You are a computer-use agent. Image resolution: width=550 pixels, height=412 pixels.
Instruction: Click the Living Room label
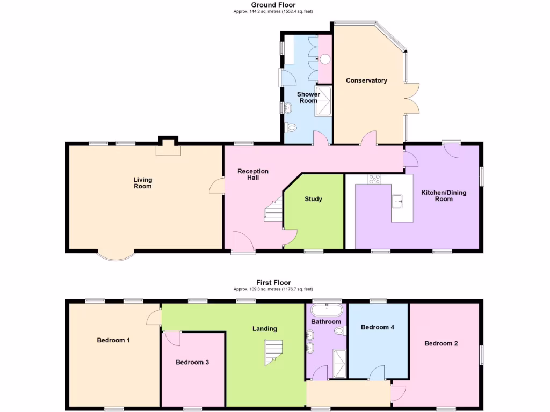coord(143,183)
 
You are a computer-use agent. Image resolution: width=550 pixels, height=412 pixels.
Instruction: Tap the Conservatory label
coord(366,80)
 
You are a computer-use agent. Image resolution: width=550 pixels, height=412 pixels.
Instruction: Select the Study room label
coord(313,199)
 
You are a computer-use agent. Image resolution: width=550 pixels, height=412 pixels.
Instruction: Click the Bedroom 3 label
coord(192,362)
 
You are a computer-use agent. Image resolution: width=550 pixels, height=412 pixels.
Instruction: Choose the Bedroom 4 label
coord(378,327)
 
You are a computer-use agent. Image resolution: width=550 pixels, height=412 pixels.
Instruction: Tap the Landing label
coord(265,328)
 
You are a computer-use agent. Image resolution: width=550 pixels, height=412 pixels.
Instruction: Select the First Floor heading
coord(273,282)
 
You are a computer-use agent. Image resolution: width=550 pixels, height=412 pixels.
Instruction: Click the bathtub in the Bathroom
coord(327,310)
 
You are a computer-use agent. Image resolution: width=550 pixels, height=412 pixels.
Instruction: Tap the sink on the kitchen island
coord(399,201)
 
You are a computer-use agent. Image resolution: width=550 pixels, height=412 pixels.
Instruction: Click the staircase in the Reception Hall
coord(274,209)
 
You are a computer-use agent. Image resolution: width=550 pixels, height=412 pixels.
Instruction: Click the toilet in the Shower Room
coord(291,128)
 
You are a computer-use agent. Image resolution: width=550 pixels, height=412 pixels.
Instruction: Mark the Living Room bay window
coord(116,256)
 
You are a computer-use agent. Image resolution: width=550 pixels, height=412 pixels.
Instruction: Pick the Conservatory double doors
coord(411,98)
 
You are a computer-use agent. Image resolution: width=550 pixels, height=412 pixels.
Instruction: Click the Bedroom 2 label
coord(441,343)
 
